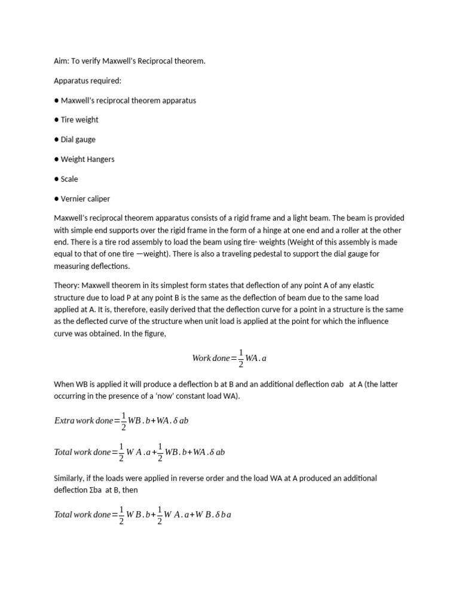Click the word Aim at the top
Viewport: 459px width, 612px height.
(x=61, y=61)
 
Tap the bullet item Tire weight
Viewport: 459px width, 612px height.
(x=79, y=120)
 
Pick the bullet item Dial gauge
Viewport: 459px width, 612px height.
(x=78, y=140)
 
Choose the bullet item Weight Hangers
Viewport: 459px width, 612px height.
(x=87, y=160)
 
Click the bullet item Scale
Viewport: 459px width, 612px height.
(x=69, y=179)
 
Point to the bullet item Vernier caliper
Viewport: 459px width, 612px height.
(x=85, y=199)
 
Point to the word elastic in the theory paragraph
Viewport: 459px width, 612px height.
(x=362, y=286)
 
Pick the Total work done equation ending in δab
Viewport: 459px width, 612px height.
(x=139, y=452)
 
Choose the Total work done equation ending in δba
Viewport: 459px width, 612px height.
(x=142, y=515)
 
